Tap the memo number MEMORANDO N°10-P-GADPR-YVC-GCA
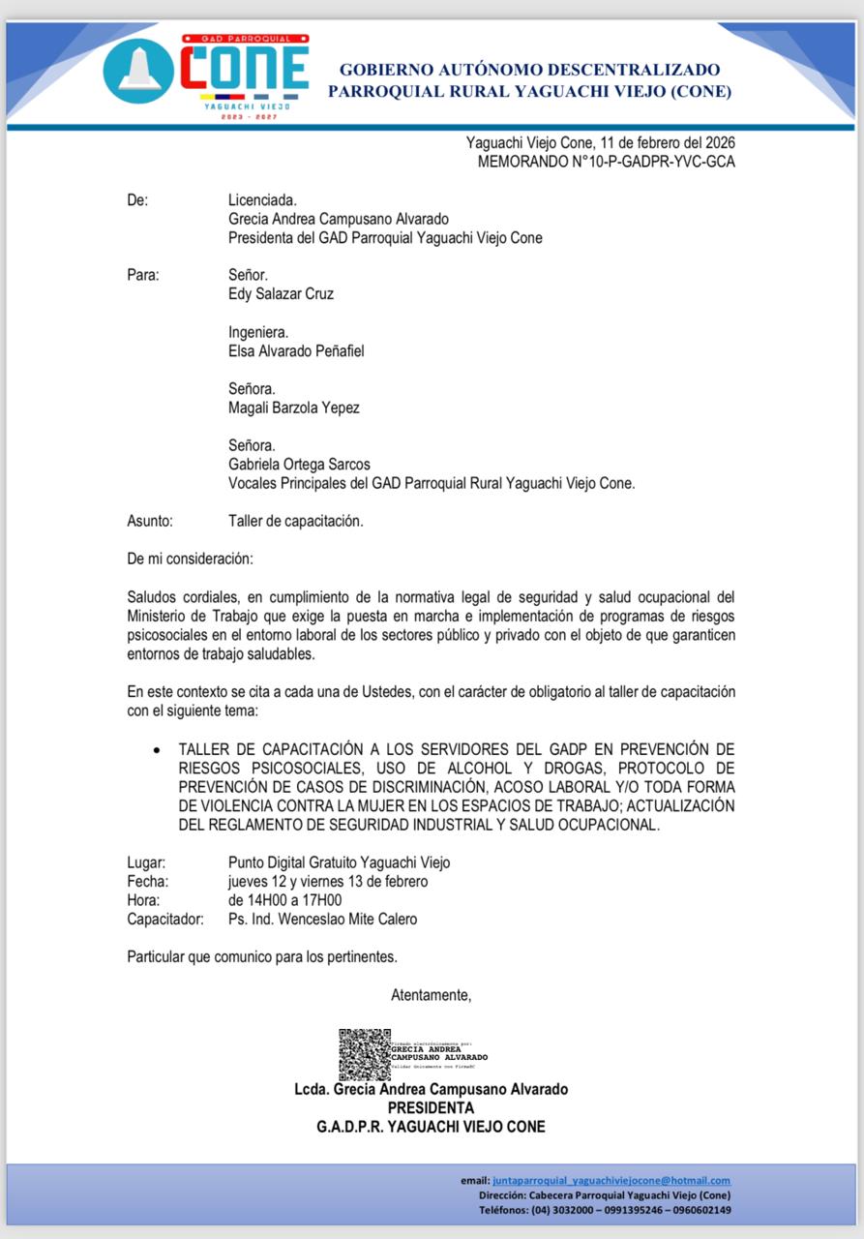[606, 162]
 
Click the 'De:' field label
[137, 200]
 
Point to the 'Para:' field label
[143, 275]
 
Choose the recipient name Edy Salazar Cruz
[281, 293]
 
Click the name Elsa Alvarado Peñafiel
[296, 350]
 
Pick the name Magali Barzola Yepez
[293, 408]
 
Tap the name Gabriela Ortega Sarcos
[299, 465]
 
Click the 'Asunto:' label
[150, 521]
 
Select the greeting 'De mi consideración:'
[190, 559]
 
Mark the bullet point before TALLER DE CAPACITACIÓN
[157, 750]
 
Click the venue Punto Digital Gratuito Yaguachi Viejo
[339, 862]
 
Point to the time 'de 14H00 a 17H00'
[284, 900]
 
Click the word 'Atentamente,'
[431, 994]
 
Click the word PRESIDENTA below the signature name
[431, 1107]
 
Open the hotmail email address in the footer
[611, 1181]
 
